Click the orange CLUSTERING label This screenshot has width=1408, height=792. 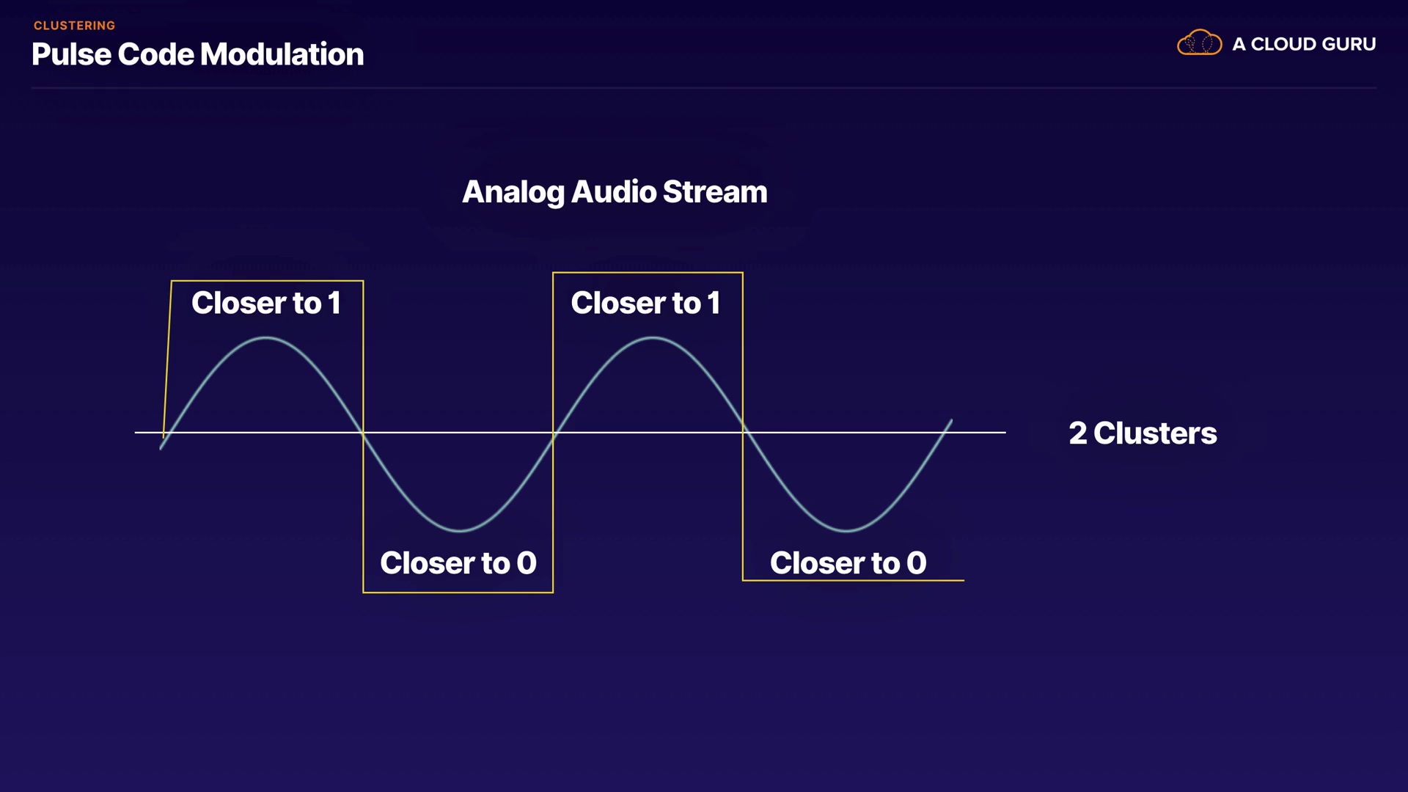pos(74,26)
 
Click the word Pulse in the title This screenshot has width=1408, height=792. pos(71,54)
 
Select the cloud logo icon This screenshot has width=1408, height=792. pos(1199,43)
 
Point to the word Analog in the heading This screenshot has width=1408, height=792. pos(513,192)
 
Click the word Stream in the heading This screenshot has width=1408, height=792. pos(715,192)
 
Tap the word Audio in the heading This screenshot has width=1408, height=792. pos(614,192)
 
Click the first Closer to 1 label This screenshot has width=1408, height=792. pos(266,303)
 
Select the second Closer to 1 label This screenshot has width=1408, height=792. pos(645,303)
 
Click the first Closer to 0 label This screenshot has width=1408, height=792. pos(458,563)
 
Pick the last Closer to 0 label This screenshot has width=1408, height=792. pos(848,563)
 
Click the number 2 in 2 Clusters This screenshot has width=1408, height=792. pos(1077,433)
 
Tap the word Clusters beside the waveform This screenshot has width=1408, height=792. pos(1155,433)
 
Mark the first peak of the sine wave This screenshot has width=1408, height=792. pos(265,338)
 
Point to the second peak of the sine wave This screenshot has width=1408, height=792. pos(652,338)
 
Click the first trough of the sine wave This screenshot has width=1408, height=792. pos(460,529)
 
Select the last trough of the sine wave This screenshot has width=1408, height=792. pos(846,529)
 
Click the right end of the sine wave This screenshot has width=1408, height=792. pos(951,421)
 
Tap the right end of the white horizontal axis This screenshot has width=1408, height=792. pos(1004,433)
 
